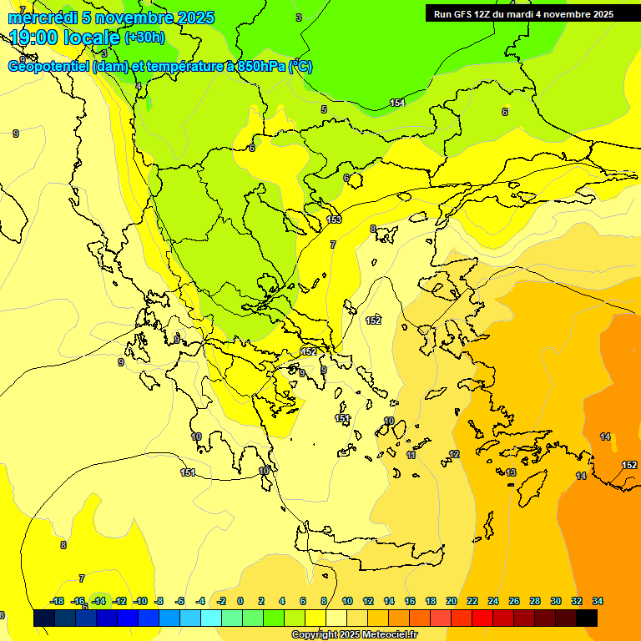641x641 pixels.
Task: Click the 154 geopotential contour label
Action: (397, 103)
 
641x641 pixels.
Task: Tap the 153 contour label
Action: (334, 220)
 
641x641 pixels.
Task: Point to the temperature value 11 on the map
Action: (411, 456)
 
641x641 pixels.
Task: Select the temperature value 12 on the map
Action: (454, 455)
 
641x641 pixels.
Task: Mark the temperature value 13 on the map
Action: (511, 472)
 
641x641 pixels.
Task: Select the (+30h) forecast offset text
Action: (144, 38)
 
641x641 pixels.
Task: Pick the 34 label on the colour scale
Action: (597, 601)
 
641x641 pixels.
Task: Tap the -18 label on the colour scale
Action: (57, 601)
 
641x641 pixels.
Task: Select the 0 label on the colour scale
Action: (240, 601)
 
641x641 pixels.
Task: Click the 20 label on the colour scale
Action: (452, 601)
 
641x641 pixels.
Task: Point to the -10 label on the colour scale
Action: (139, 601)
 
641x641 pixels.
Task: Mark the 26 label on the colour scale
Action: (513, 601)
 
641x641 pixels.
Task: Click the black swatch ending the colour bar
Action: (587, 618)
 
